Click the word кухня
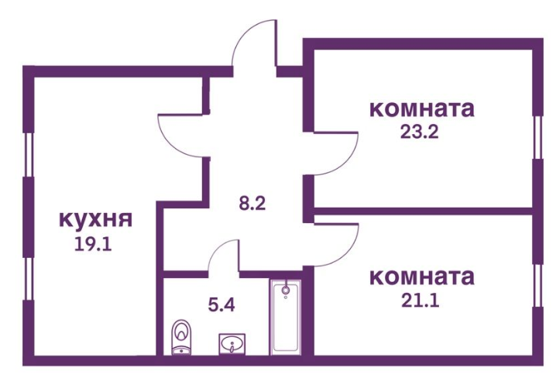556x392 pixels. tap(95, 219)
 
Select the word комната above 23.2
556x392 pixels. tap(421, 108)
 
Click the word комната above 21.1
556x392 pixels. tap(421, 276)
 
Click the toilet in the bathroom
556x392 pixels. tap(181, 337)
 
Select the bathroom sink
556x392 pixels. tap(232, 342)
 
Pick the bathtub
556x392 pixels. tap(286, 317)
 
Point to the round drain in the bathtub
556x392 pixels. tap(286, 291)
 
